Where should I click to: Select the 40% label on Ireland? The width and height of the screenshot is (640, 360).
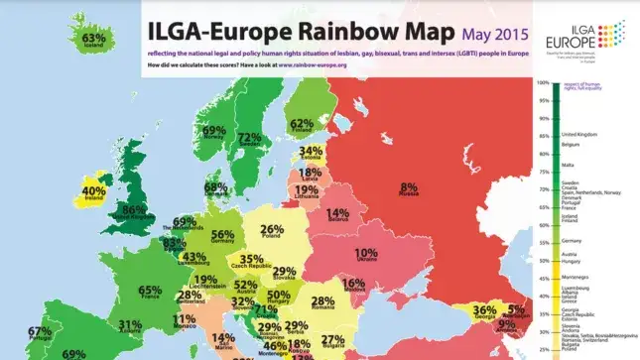tap(93, 191)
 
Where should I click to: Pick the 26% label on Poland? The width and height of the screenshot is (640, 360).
tap(271, 230)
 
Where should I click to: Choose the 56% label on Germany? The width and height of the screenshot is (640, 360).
tap(223, 234)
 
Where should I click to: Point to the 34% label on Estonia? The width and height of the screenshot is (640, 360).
tap(311, 151)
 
